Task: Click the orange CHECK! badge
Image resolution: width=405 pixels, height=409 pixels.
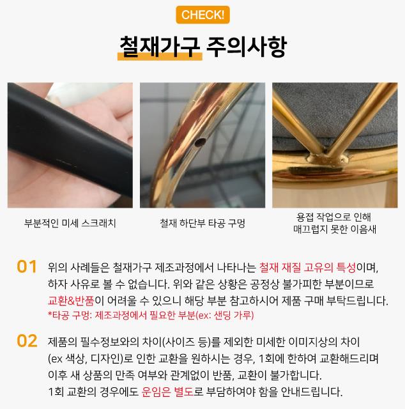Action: (x=202, y=15)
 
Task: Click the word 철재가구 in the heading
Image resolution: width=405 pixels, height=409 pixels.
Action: (x=160, y=47)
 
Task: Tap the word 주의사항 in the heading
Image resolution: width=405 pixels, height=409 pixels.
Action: (x=247, y=47)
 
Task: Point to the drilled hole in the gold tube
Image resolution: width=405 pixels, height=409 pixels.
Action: (x=201, y=142)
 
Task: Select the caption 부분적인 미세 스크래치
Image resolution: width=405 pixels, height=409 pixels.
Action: (x=70, y=223)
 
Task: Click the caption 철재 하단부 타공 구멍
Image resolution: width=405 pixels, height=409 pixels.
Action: (x=202, y=223)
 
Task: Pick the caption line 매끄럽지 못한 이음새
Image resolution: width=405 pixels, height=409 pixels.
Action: (x=335, y=229)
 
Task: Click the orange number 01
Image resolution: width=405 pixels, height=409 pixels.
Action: (x=27, y=267)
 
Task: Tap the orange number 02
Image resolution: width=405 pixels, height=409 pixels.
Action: (x=27, y=341)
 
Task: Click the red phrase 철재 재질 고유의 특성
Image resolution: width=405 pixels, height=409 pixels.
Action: (x=307, y=267)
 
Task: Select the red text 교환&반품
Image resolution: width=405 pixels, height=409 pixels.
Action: (x=71, y=300)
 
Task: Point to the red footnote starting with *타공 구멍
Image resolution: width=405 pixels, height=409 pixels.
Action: (x=151, y=315)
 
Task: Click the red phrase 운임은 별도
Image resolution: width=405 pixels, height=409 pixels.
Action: (x=167, y=392)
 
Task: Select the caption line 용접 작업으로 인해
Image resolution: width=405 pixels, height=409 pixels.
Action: (x=333, y=217)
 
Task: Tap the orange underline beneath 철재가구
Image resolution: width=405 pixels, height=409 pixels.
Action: (x=160, y=57)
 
